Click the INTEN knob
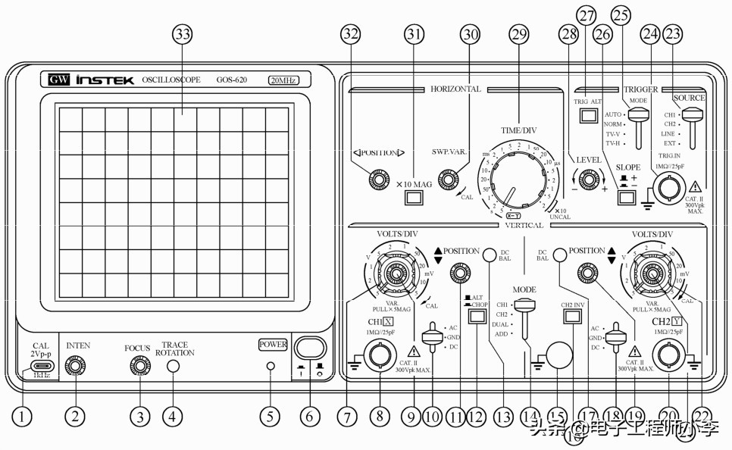tap(75, 367)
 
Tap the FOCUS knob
tap(140, 367)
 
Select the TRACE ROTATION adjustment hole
tap(174, 367)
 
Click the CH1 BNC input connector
tap(378, 355)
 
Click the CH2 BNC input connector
tap(668, 355)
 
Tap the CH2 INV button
tap(572, 317)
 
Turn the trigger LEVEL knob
tap(588, 180)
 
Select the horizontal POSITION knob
tap(375, 180)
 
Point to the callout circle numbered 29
tap(518, 34)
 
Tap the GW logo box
tap(58, 80)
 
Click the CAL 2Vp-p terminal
tap(40, 367)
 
